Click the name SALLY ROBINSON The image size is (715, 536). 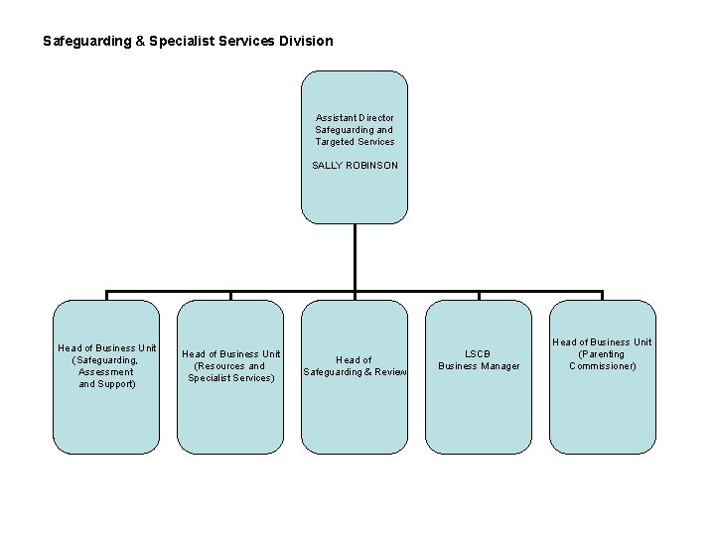(355, 166)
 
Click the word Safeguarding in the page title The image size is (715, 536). (85, 42)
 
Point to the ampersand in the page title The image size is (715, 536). (139, 42)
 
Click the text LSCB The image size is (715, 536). (479, 354)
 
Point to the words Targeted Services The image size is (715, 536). (355, 142)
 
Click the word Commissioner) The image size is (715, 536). (602, 366)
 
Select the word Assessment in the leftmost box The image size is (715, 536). (106, 372)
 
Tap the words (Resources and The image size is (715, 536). (229, 366)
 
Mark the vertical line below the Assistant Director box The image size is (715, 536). (355, 258)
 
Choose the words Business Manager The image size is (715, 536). (479, 366)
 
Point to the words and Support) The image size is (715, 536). (106, 384)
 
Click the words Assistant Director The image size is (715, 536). (355, 118)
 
